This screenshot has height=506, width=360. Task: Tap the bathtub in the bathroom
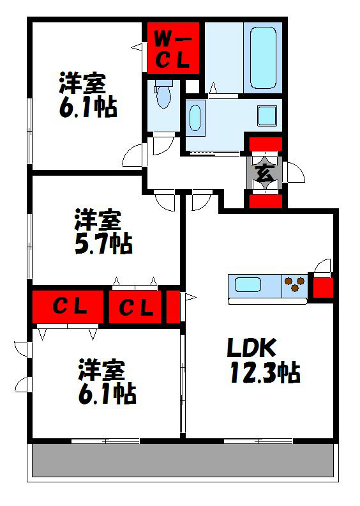pos(263,57)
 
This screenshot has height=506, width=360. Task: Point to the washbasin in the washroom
pos(196,118)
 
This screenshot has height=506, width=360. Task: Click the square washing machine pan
pos(267,116)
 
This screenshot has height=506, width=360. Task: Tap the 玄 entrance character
pos(265,172)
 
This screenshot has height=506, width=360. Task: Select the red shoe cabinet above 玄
pos(265,144)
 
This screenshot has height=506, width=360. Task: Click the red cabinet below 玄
pos(265,201)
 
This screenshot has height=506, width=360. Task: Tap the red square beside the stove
pos(322,285)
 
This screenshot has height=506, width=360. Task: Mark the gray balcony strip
pos(183,461)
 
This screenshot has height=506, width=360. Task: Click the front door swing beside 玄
pos(294,172)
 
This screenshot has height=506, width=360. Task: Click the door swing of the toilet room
pos(160,146)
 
